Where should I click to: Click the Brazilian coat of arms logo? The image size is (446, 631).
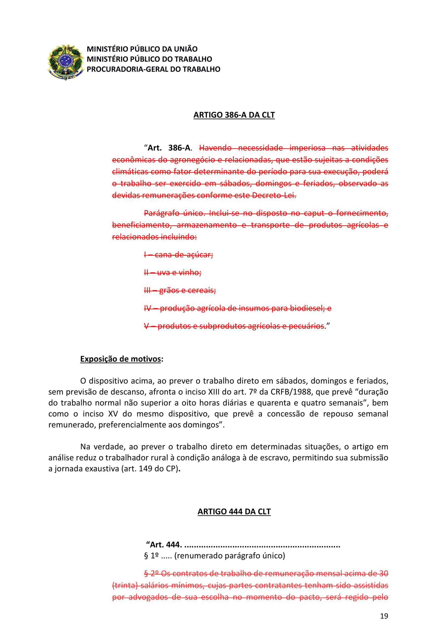(x=65, y=62)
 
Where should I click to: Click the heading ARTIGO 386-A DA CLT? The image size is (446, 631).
(x=234, y=115)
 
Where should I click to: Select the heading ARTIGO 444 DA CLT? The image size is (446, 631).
(x=234, y=511)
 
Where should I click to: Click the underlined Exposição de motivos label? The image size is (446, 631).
(x=120, y=359)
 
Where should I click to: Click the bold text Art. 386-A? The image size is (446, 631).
(x=169, y=148)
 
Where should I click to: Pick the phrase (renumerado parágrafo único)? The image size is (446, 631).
(x=230, y=556)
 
